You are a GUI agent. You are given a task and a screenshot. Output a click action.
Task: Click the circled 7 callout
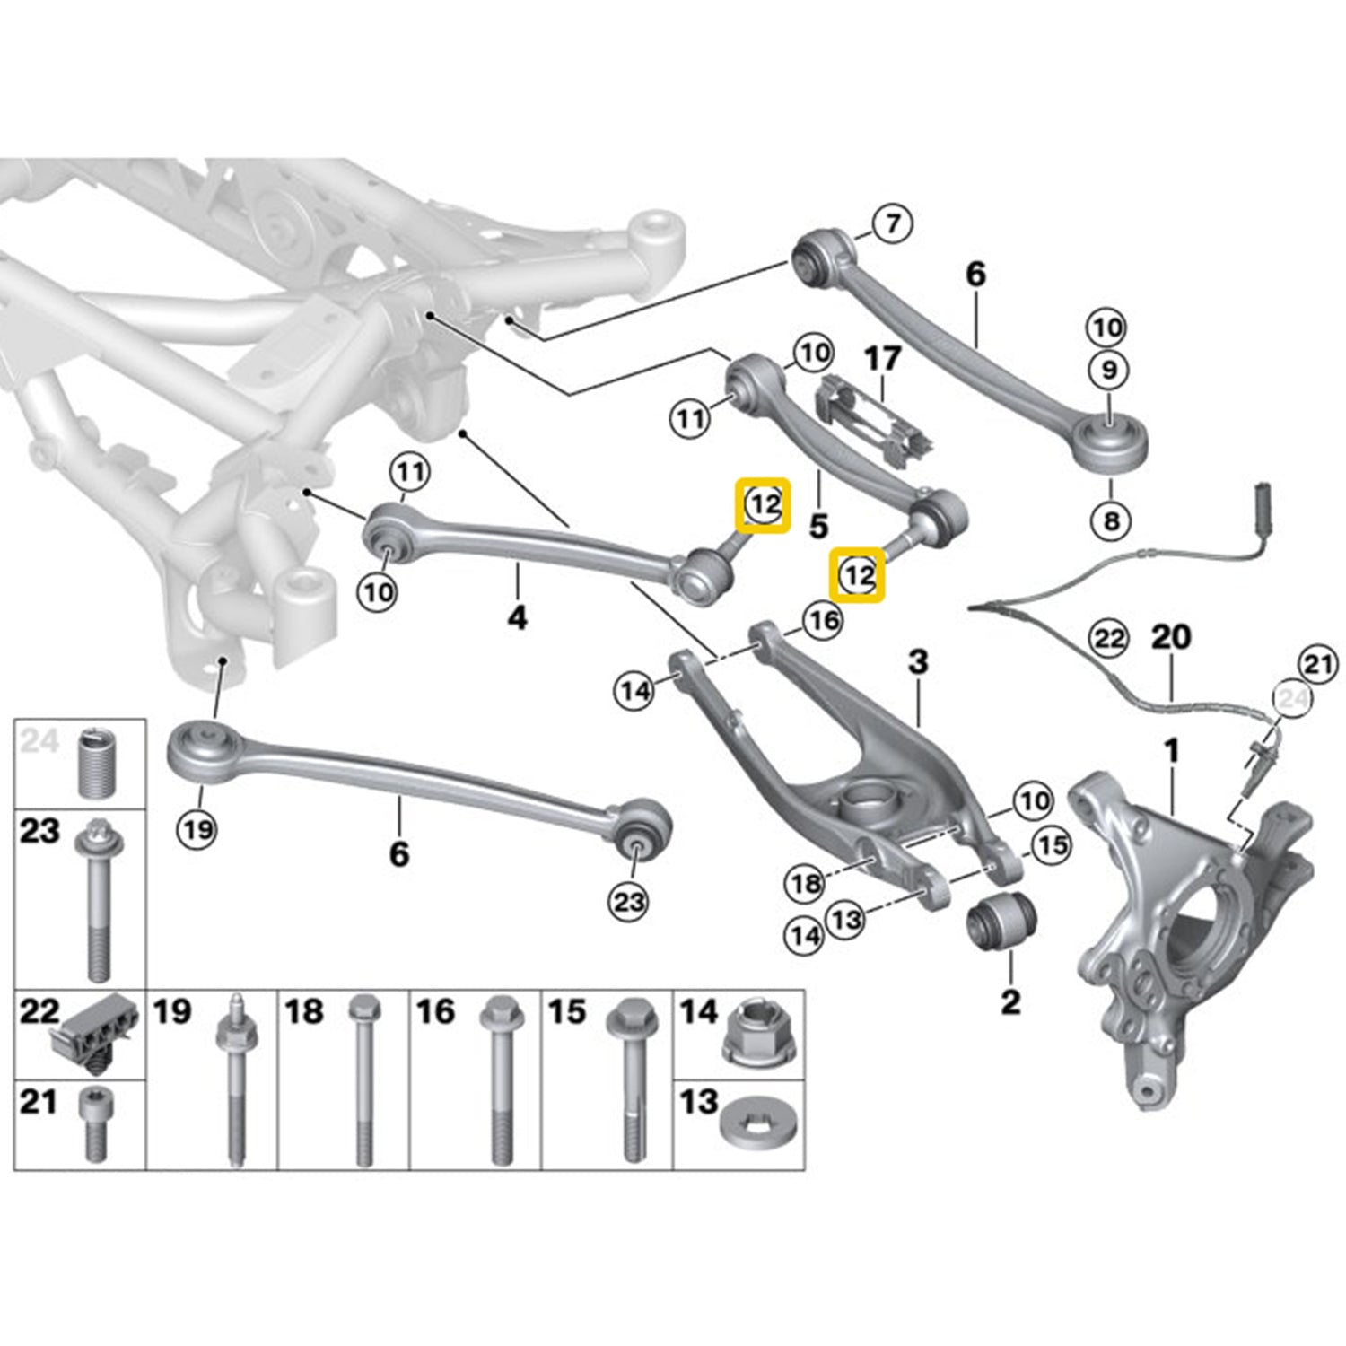tap(892, 223)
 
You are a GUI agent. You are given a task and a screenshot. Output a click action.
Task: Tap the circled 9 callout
tap(1109, 370)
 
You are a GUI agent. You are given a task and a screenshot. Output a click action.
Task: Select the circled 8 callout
tap(1111, 520)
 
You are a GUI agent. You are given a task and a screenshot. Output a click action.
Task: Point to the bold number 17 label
tap(881, 360)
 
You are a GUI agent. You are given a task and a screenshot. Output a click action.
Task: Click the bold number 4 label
tap(518, 617)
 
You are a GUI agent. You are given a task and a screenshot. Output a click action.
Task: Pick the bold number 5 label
tap(818, 526)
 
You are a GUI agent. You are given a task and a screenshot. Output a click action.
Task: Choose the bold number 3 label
tap(918, 662)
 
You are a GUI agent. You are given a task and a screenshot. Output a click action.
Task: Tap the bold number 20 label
tap(1171, 637)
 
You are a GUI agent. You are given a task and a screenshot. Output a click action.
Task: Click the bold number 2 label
tap(1010, 1001)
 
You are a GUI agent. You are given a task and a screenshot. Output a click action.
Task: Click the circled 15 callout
tap(1052, 844)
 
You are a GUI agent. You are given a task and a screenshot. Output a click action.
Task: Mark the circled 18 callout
tap(805, 884)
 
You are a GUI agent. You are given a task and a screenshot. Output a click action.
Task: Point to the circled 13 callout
tap(846, 918)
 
